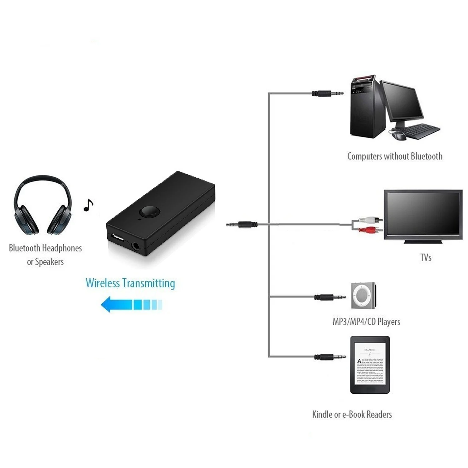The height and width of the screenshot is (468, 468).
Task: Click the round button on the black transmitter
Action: tap(149, 211)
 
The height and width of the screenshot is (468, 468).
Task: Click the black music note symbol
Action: tap(88, 205)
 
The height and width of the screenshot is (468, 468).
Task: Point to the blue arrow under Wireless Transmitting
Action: tap(131, 304)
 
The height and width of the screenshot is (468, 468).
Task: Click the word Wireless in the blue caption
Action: tap(103, 283)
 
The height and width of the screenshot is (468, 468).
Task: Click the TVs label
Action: tap(426, 257)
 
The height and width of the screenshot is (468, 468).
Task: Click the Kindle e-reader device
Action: tap(370, 365)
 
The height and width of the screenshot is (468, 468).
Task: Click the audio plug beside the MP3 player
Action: tap(329, 297)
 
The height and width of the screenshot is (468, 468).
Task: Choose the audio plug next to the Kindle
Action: tap(329, 357)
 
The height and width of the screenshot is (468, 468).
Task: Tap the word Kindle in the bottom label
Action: tap(322, 414)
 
